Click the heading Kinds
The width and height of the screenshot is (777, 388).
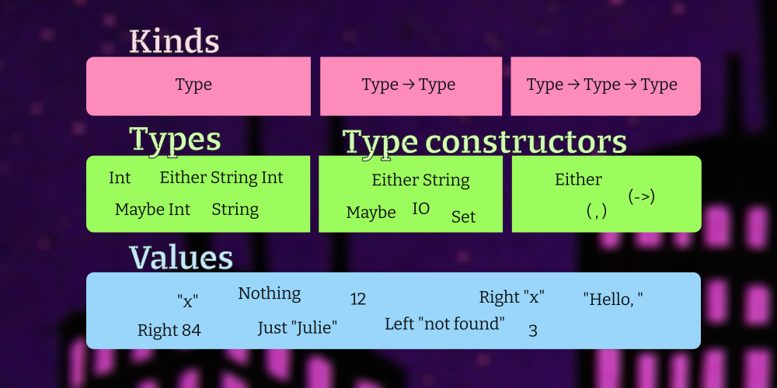coord(174,42)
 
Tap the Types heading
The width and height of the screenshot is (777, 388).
coord(175,140)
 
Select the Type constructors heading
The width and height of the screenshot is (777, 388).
coord(484,143)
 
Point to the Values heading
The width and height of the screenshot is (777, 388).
coord(181,258)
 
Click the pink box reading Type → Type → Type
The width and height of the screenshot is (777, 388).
coord(605,86)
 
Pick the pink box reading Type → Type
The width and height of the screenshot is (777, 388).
coord(411,86)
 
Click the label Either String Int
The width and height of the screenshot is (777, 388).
coord(221,178)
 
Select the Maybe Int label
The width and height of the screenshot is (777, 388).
coord(152,210)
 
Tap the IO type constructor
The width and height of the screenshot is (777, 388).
coord(420,209)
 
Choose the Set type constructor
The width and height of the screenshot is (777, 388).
coord(463,217)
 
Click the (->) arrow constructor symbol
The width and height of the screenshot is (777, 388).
coord(642,196)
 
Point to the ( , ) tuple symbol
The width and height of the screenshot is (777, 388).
coord(597,211)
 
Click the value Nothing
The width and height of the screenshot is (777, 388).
coord(269,293)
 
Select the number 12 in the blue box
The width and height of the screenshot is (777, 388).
coord(357,299)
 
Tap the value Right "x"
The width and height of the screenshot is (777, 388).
coord(512,297)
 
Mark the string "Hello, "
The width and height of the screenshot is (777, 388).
coord(613,299)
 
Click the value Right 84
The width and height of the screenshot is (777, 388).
coord(169,330)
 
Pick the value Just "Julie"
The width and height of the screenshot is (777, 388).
coord(298,327)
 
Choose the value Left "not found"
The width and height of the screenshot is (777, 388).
coord(445,324)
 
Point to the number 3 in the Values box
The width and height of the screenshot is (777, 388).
coord(533,331)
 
